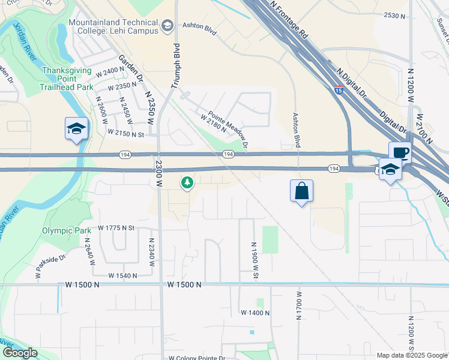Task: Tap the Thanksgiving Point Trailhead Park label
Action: [67, 79]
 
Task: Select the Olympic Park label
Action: [66, 230]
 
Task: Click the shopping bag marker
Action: [301, 191]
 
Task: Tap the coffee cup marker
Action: [400, 152]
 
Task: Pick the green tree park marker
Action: [187, 182]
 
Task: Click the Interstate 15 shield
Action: [340, 91]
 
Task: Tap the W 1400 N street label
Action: [255, 313]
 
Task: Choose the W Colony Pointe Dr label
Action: [197, 358]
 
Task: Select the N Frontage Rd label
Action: [289, 20]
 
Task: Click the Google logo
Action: [20, 353]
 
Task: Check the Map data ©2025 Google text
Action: [411, 355]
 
